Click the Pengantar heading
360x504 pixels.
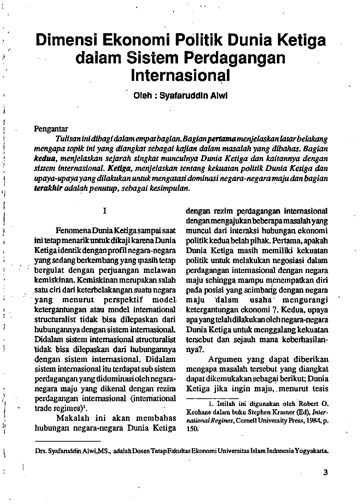pos(51,129)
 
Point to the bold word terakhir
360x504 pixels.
pos(48,188)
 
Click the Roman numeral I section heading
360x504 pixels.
pos(105,211)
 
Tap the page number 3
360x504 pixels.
pos(325,473)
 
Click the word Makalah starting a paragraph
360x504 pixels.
pos(74,418)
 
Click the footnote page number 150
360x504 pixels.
pos(192,429)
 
